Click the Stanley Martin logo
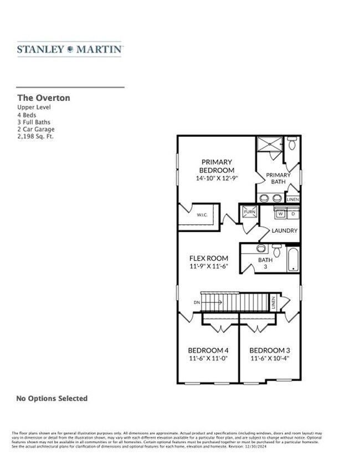coord(70,49)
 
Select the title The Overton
coord(43,98)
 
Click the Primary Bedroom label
coord(217,166)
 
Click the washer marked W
coord(280,213)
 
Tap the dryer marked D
coord(293,213)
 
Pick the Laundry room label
coord(285,231)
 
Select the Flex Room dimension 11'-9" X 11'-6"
coord(209,267)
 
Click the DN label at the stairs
coord(196,303)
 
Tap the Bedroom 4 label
coord(208,350)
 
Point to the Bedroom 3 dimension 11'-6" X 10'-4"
coord(270,359)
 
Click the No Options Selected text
coord(52,398)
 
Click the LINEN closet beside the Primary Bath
coord(293,199)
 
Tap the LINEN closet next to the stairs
coord(273,303)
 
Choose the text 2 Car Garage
coord(36,129)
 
